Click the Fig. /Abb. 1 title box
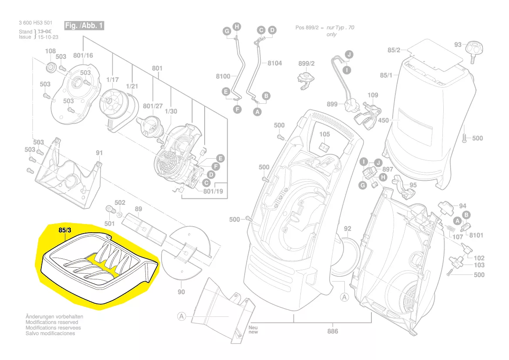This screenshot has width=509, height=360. pos(84,26)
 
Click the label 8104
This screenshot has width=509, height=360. pos(274,63)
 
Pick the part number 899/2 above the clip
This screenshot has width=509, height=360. pos(306,64)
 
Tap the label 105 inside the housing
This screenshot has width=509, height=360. pos(325,134)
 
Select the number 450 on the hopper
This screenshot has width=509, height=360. pos(383,120)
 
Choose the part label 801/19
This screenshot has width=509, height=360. pos(213,191)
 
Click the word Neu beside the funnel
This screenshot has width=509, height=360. pos(253,327)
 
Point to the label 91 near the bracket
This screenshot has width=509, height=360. pos(99,153)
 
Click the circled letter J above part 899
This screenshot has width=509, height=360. pos(348,54)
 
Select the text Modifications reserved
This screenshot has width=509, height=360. pos(52,322)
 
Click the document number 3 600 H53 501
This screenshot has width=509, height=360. pos(36,23)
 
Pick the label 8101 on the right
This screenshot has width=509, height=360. pos(476,235)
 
